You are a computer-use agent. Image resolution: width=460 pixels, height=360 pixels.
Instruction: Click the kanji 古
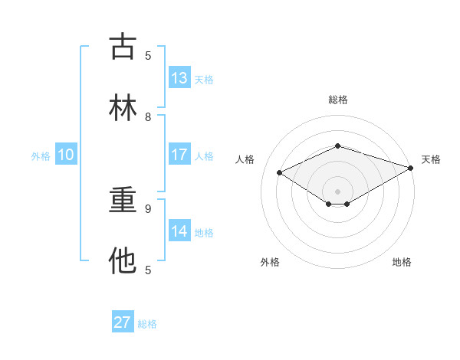[123, 47]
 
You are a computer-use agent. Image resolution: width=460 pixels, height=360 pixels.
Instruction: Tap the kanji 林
[123, 107]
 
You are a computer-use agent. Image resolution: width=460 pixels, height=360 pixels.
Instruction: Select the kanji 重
[123, 200]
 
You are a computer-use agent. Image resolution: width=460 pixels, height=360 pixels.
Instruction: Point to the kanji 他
[123, 260]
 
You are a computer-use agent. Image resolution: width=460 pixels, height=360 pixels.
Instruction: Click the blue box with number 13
[179, 78]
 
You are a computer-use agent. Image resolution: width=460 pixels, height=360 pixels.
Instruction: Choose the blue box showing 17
[179, 155]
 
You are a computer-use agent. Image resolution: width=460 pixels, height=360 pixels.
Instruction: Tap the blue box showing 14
[179, 231]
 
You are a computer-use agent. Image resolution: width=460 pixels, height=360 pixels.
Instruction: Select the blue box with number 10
[66, 155]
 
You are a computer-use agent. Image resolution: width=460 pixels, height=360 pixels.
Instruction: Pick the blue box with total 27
[123, 322]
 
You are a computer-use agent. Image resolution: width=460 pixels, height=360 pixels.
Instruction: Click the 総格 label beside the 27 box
[147, 324]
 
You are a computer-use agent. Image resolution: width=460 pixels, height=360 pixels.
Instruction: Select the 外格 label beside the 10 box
[41, 155]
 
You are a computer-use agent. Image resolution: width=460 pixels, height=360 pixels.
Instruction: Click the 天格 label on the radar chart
[431, 159]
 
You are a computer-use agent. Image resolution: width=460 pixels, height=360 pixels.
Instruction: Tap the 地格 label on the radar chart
[402, 262]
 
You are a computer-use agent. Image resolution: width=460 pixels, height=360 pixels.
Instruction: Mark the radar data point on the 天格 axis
[412, 168]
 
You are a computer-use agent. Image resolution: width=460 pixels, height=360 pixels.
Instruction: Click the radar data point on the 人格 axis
[280, 172]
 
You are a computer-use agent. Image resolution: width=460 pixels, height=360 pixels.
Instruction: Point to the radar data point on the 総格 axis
[337, 146]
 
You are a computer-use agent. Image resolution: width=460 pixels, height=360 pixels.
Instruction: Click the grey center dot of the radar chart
[337, 191]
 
